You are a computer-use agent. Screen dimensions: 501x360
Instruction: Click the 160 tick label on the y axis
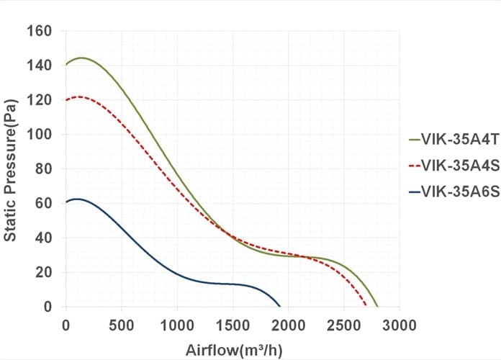[x=39, y=32]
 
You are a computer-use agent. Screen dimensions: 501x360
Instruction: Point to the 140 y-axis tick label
[x=39, y=66]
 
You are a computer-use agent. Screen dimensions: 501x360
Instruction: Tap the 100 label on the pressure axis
[x=39, y=135]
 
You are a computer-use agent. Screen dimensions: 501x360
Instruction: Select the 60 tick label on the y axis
[x=43, y=203]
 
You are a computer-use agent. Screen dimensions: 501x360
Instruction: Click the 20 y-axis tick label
[x=43, y=272]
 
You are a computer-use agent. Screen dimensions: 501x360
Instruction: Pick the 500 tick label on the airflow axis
[x=122, y=325]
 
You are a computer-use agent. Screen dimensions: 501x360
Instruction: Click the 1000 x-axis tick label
[x=177, y=325]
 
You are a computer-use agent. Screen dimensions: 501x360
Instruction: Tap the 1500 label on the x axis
[x=233, y=325]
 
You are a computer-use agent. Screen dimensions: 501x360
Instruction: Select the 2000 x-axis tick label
[x=288, y=325]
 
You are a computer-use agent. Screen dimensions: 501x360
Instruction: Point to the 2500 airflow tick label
[x=344, y=325]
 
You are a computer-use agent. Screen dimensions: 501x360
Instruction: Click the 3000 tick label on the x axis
[x=400, y=325]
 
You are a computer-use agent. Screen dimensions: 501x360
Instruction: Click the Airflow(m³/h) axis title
[x=234, y=351]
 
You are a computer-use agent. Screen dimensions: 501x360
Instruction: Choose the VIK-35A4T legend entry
[x=453, y=140]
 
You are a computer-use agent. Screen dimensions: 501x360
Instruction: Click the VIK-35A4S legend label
[x=453, y=166]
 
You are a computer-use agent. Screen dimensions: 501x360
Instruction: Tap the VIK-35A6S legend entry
[x=453, y=192]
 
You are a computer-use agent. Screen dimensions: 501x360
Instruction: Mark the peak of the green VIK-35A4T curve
[x=81, y=58]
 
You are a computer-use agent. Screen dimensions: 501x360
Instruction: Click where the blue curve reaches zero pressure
[x=280, y=306]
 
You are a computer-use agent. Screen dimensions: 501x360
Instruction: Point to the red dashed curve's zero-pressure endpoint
[x=366, y=306]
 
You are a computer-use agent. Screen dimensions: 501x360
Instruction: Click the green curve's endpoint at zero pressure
[x=377, y=306]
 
